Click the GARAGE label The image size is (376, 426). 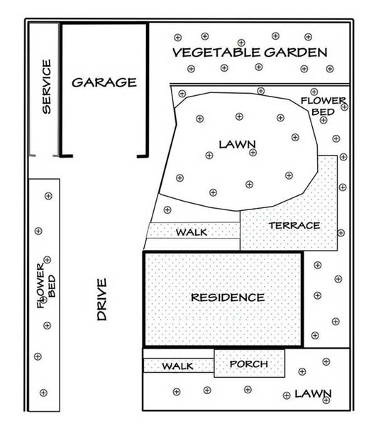pyautogui.click(x=104, y=82)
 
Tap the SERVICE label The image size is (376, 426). pyautogui.click(x=47, y=87)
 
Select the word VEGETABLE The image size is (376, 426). pyautogui.click(x=216, y=53)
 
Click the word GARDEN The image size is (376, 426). pyautogui.click(x=296, y=53)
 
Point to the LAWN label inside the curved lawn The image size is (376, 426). pyautogui.click(x=237, y=145)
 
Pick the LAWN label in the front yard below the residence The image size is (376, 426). pyautogui.click(x=313, y=393)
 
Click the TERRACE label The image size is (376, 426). pyautogui.click(x=294, y=226)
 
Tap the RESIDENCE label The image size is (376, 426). pyautogui.click(x=228, y=297)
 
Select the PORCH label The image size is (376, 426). pyautogui.click(x=249, y=364)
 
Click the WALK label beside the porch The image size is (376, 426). pyautogui.click(x=177, y=366)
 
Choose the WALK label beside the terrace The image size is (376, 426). pyautogui.click(x=192, y=232)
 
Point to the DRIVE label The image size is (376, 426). pyautogui.click(x=102, y=299)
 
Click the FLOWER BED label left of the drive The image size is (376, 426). pyautogui.click(x=46, y=285)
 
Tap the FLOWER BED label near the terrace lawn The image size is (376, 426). pyautogui.click(x=323, y=106)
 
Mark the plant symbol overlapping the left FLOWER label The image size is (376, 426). pyautogui.click(x=43, y=300)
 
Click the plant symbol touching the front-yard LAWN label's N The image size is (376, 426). pyautogui.click(x=326, y=400)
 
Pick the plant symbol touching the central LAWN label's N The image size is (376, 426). pyautogui.click(x=253, y=153)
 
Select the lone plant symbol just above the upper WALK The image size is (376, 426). pyautogui.click(x=167, y=209)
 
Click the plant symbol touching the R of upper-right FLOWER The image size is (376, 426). pyautogui.click(x=344, y=106)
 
